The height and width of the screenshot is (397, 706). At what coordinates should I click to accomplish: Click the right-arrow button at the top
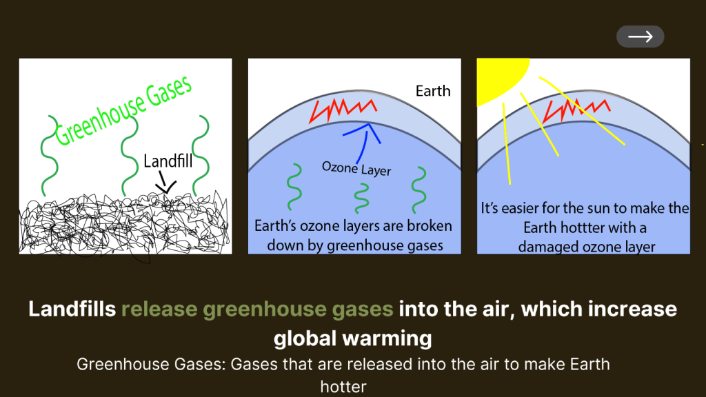[x=640, y=37]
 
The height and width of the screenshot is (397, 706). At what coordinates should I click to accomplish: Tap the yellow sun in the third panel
[x=498, y=77]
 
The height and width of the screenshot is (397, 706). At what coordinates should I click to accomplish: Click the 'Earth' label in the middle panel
[x=433, y=91]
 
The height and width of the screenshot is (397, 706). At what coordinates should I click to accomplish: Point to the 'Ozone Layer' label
[x=356, y=168]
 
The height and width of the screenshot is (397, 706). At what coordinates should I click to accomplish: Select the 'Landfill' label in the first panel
[x=168, y=161]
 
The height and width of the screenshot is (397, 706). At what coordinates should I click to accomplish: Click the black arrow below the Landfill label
[x=165, y=182]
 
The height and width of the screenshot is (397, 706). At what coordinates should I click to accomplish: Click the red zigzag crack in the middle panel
[x=343, y=110]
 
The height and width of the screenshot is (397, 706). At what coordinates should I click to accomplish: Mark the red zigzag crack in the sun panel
[x=576, y=110]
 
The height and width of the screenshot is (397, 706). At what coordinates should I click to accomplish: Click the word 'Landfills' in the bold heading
[x=72, y=309]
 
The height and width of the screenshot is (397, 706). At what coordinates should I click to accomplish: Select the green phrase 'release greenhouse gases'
[x=257, y=310]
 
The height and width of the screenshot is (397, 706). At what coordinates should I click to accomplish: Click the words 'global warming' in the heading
[x=352, y=338]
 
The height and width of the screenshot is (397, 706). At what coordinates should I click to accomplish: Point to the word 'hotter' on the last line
[x=343, y=387]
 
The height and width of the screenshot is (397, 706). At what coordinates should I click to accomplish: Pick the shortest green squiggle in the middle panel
[x=361, y=198]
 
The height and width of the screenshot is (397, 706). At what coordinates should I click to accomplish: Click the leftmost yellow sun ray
[x=507, y=143]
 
